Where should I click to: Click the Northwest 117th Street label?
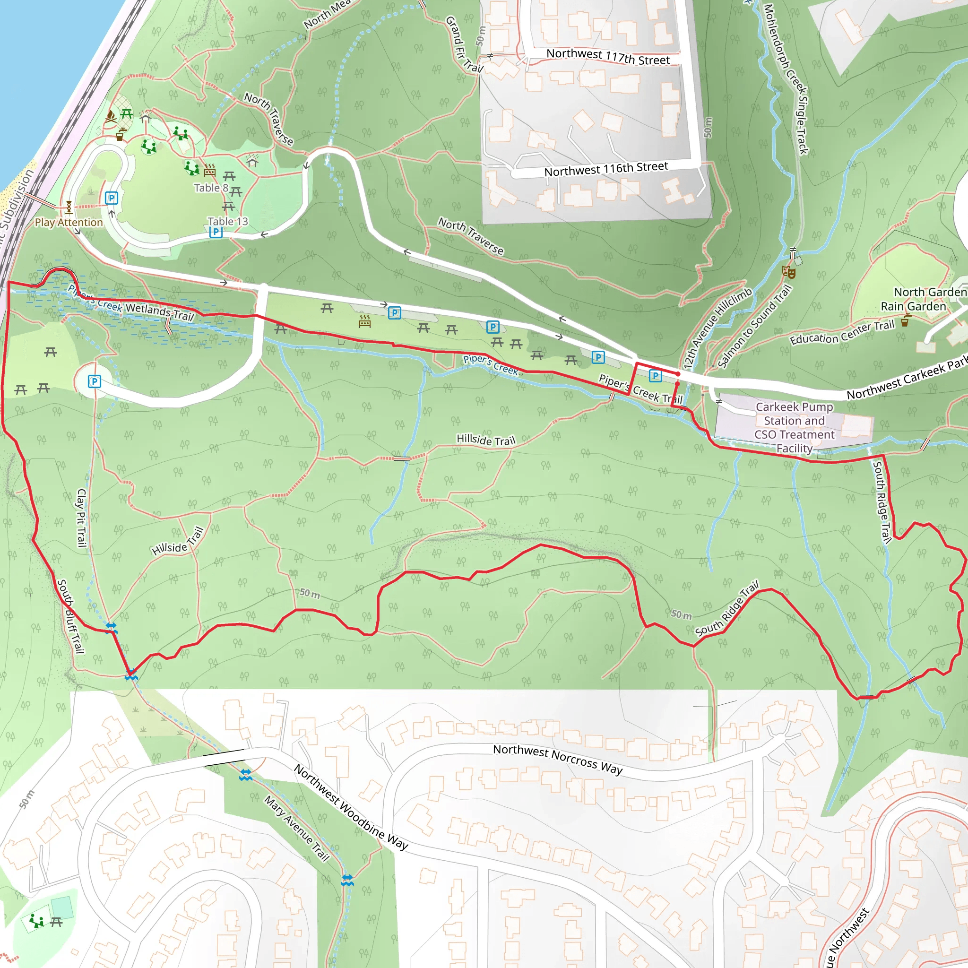click(x=608, y=57)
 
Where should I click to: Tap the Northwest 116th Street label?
click(x=606, y=169)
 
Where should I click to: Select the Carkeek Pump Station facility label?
click(x=794, y=427)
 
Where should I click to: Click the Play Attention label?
click(x=69, y=223)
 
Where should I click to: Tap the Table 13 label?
click(x=227, y=221)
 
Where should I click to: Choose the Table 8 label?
click(x=211, y=188)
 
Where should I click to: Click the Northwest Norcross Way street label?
click(x=557, y=760)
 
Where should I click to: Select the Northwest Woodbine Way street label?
click(x=351, y=807)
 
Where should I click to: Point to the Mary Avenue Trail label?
click(x=297, y=828)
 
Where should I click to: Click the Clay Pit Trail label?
click(x=82, y=518)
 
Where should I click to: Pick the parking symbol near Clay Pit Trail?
click(x=94, y=382)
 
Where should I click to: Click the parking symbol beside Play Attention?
click(x=111, y=198)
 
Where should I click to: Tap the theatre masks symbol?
click(x=789, y=272)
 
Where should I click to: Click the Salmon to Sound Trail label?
click(x=754, y=326)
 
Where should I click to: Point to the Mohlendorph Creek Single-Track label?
click(x=785, y=78)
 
